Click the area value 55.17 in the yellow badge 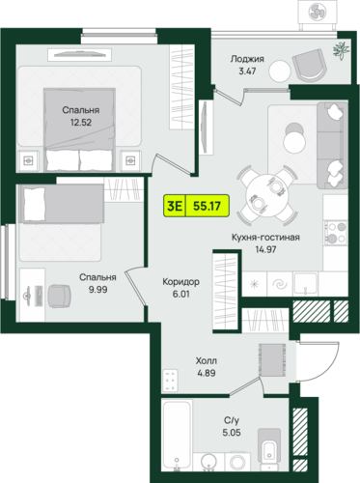207,206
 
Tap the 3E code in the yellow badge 175,206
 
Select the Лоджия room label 247,59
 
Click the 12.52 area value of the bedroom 81,123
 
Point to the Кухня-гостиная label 265,238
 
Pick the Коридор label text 180,282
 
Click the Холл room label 207,360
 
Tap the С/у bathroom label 232,420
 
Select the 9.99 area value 97,290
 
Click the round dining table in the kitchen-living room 267,195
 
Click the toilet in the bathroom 269,448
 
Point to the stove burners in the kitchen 335,233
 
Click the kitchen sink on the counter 305,284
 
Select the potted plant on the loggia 341,50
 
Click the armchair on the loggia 308,66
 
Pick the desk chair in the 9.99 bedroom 59,297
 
